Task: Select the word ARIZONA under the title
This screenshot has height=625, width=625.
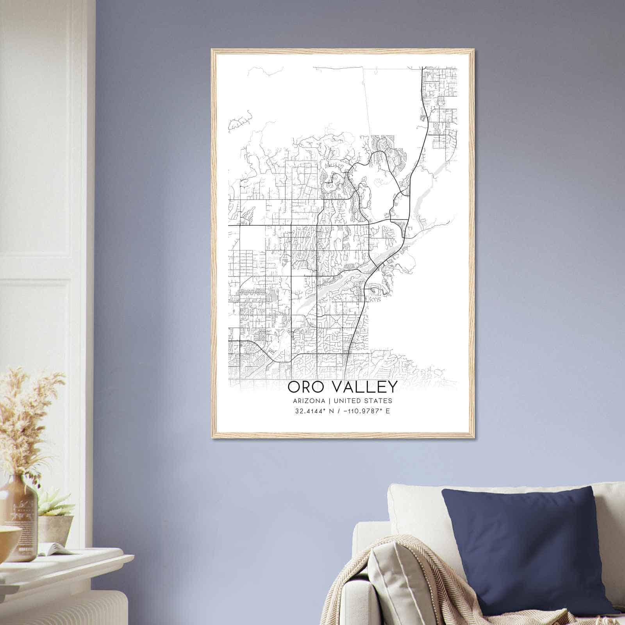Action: (307, 401)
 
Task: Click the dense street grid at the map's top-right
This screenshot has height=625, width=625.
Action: (441, 102)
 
